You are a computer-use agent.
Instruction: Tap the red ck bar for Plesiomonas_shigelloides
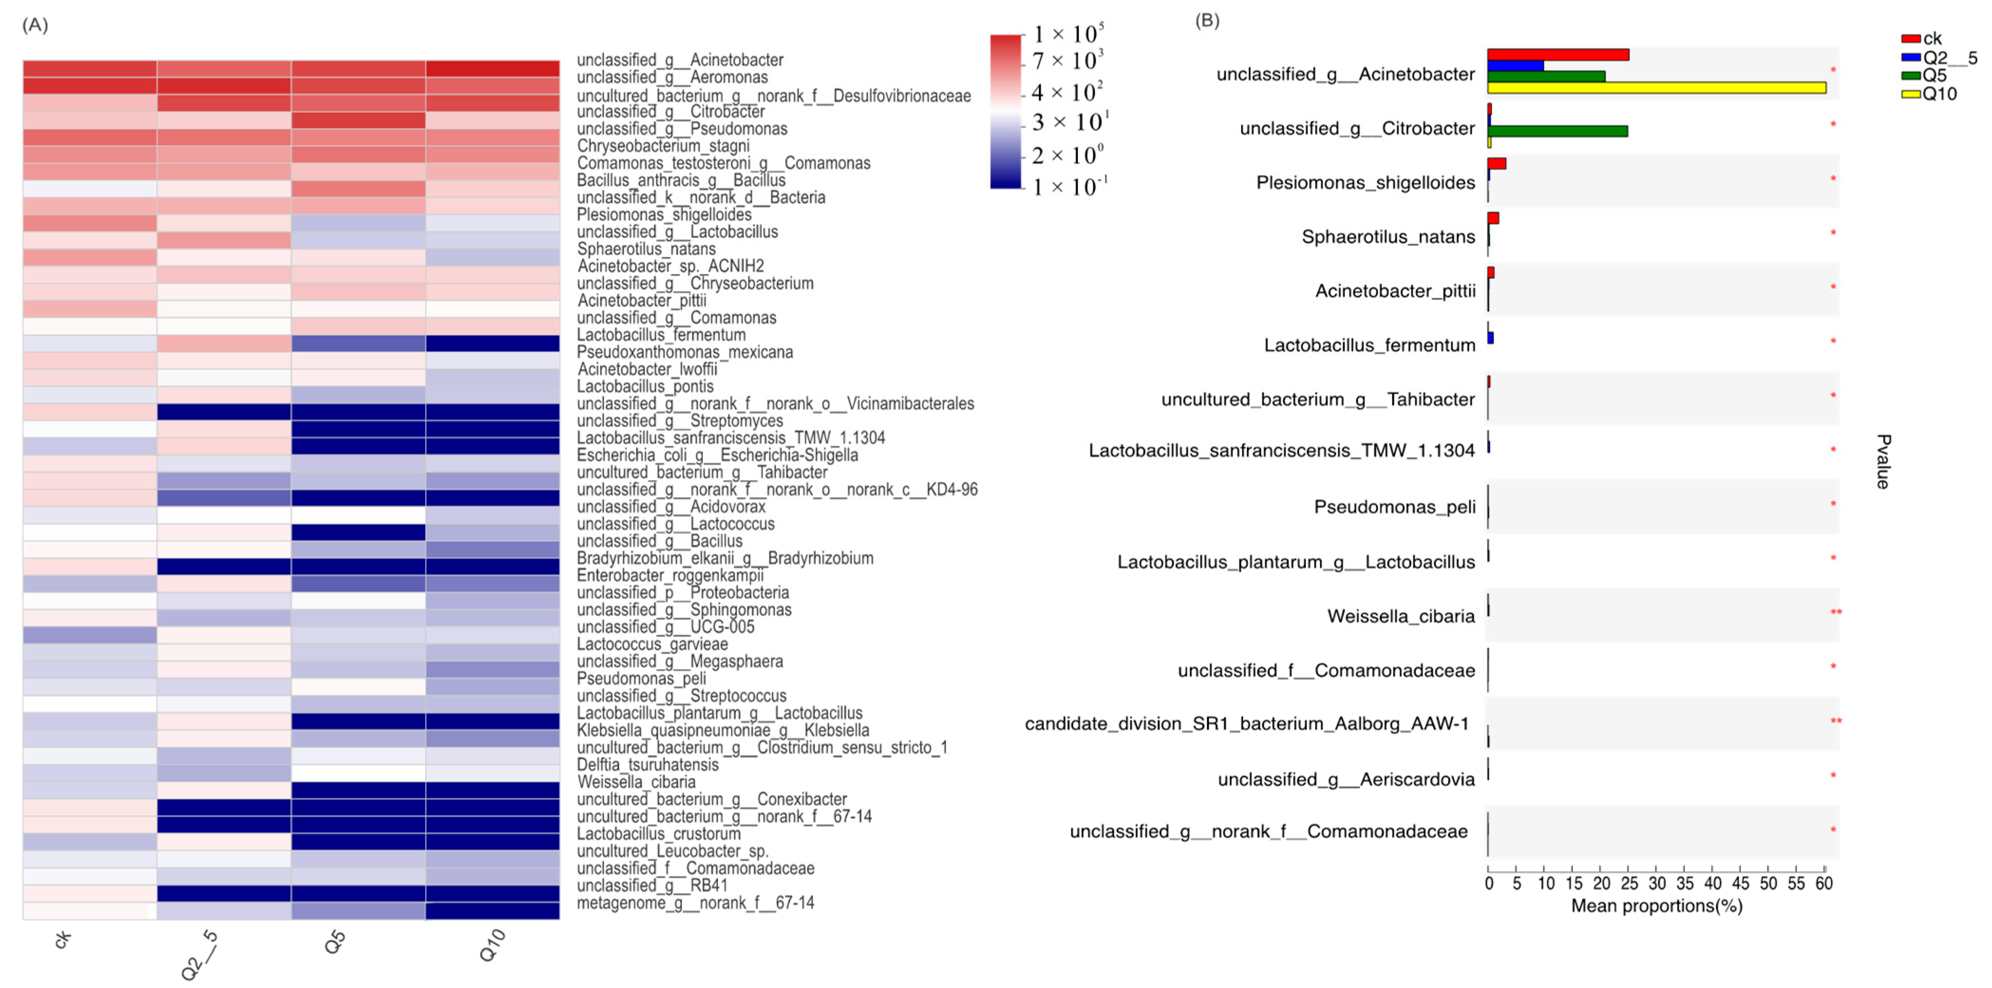point(1496,164)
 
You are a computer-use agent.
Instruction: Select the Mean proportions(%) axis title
point(1656,906)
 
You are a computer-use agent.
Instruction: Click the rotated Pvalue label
point(1883,462)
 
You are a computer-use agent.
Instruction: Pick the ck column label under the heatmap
point(64,939)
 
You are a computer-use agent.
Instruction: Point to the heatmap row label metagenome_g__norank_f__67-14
point(695,903)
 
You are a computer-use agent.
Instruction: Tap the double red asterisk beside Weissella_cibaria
point(1835,613)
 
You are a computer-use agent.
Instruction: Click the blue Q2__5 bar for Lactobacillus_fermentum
point(1490,338)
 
